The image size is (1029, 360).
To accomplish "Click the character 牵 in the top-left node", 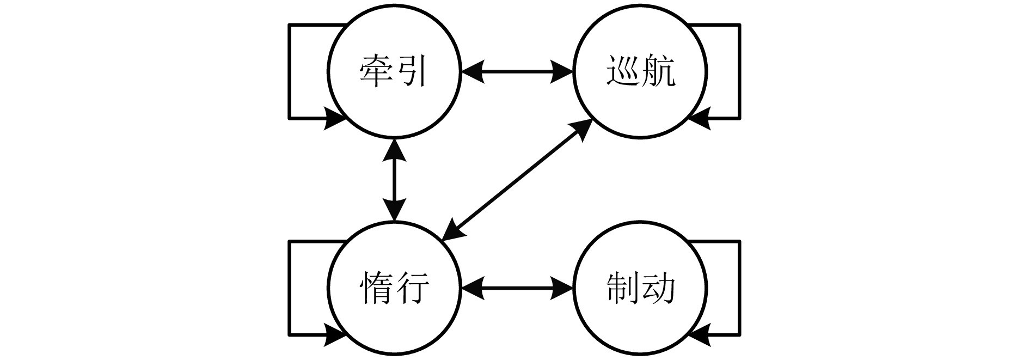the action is click(x=377, y=71).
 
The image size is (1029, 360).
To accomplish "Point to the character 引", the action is click(x=411, y=71).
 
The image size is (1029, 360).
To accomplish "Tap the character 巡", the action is click(x=623, y=71).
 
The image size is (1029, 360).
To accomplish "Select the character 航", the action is click(x=658, y=71).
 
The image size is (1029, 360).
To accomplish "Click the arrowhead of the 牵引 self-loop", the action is click(x=333, y=118).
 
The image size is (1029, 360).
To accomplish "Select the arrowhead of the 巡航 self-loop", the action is click(x=700, y=118).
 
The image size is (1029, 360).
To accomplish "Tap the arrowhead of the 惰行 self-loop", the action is click(x=333, y=334).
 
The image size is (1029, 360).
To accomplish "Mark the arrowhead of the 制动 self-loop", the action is click(x=700, y=334).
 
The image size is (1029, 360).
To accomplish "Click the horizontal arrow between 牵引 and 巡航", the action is click(x=517, y=71).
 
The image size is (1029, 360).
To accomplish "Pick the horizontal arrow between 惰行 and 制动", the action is click(x=517, y=287).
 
